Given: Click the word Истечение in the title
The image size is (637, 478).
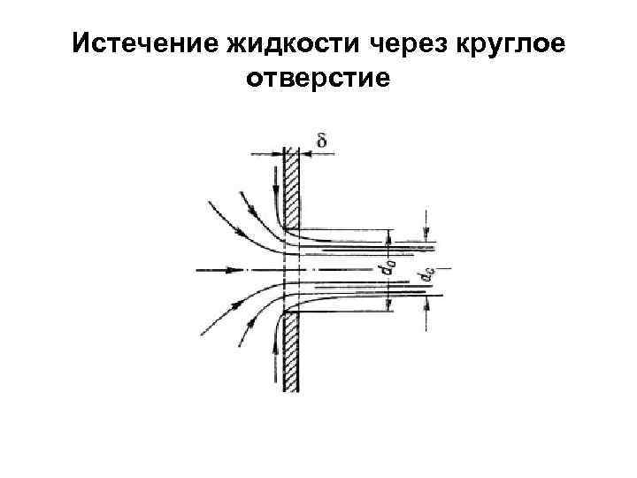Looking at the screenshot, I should coord(139,43).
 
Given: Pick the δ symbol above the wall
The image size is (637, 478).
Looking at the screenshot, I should coord(320,139).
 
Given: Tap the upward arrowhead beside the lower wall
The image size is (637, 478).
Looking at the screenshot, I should coord(280,327).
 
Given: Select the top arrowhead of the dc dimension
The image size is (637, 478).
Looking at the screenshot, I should coord(429,236).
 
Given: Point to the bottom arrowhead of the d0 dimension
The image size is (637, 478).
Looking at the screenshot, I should coord(389,306).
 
